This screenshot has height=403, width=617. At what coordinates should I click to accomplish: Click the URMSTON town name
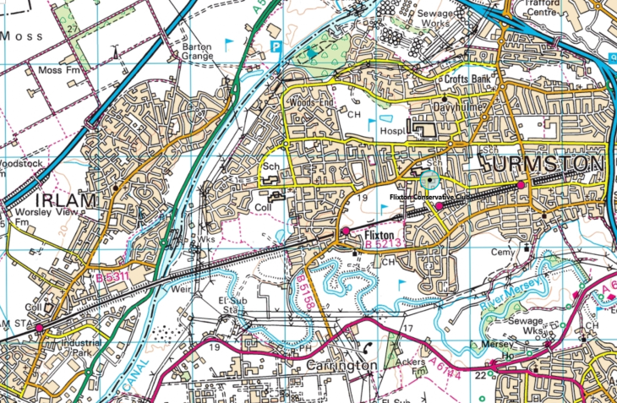click(543, 162)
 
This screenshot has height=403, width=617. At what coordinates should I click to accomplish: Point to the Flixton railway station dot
click(346, 231)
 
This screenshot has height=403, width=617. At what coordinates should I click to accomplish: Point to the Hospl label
click(390, 131)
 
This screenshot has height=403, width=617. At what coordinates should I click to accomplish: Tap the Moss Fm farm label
click(62, 69)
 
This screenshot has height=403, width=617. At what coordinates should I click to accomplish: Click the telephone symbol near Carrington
click(367, 347)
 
